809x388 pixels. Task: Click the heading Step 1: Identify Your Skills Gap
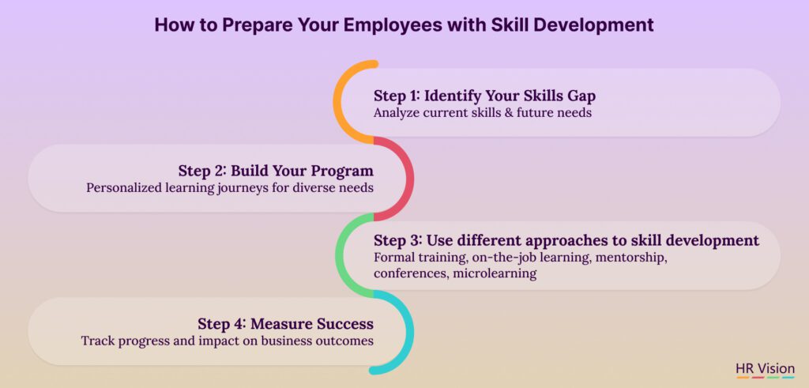[484, 96]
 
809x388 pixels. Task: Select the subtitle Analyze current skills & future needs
[483, 112]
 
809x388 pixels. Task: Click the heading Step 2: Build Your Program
[276, 171]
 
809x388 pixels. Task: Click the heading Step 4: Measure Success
[286, 324]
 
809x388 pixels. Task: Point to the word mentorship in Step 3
[631, 258]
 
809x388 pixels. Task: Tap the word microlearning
[495, 273]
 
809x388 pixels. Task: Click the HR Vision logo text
[765, 369]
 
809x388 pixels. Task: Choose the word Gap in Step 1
[582, 96]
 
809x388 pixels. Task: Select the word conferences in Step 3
[411, 273]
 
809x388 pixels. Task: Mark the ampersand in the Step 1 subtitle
[502, 112]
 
